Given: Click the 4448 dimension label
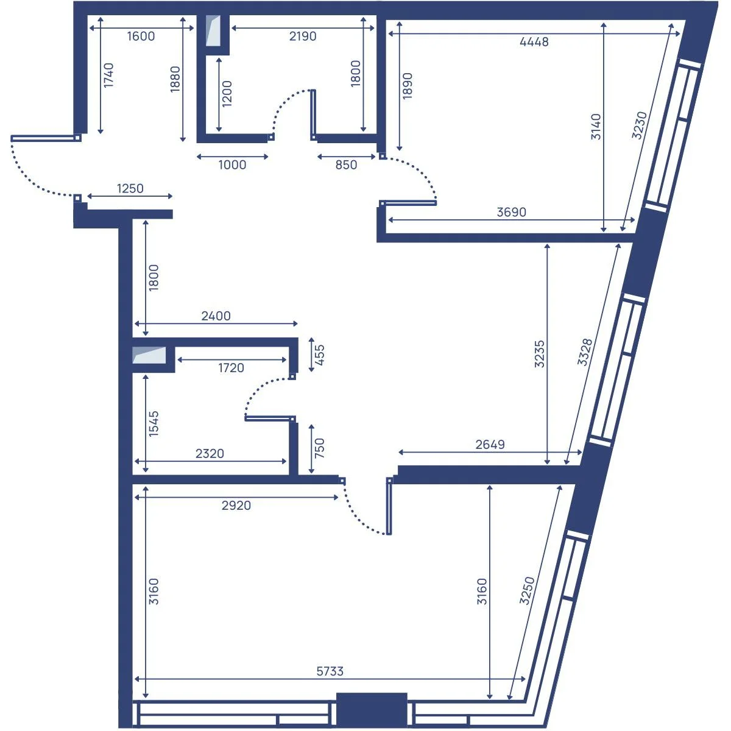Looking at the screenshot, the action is (x=534, y=42).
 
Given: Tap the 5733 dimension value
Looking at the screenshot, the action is (x=330, y=671).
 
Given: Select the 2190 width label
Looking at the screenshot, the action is (x=302, y=37).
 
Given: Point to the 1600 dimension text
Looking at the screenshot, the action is (x=141, y=37).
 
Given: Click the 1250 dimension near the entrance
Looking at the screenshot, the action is (x=130, y=188).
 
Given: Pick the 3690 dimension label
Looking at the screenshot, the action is (x=511, y=212).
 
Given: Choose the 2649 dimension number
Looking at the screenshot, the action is (x=490, y=444).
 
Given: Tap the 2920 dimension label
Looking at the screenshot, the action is (x=236, y=505).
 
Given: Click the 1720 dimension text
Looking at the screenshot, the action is (x=231, y=367).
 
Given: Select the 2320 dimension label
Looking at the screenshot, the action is (x=210, y=453).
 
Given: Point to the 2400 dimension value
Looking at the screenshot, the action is (x=216, y=316).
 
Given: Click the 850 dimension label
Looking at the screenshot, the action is (x=346, y=165).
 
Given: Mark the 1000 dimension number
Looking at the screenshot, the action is (x=232, y=165).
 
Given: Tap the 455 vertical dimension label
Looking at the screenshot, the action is (x=319, y=355).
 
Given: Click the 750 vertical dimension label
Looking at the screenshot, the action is (x=319, y=448).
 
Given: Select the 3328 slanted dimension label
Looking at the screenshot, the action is (x=584, y=352).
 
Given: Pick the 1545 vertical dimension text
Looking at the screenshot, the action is (x=154, y=424).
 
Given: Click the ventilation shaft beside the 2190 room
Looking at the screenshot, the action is (x=213, y=30).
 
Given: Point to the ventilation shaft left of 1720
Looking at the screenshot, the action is (x=149, y=355).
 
